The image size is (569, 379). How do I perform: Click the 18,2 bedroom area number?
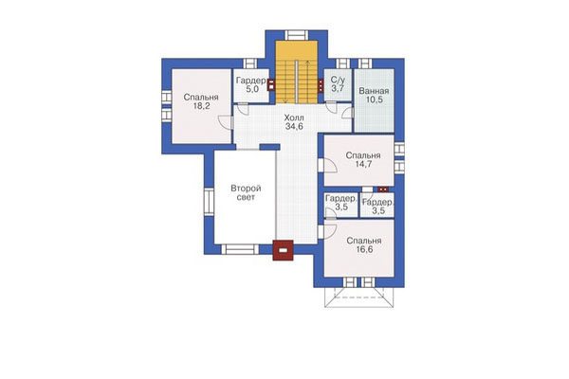pos(201,106)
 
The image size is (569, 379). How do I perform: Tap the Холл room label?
pos(294,117)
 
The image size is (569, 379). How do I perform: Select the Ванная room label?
pos(374,91)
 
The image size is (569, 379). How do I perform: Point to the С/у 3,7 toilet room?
pos(338,85)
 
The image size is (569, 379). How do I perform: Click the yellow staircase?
pos(297,72)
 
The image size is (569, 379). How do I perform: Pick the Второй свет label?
pos(246,193)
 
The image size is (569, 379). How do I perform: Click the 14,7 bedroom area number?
pos(363,164)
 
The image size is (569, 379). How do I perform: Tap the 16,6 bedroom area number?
pos(364,250)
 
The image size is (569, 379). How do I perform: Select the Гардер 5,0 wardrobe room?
pos(250,85)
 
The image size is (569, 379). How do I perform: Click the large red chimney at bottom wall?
pos(283,250)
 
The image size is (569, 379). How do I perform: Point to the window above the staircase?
pos(296,35)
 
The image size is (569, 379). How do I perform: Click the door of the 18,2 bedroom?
pos(226,122)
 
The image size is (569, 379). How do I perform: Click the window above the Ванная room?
pos(365,63)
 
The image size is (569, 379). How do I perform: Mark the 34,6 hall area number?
pos(294,127)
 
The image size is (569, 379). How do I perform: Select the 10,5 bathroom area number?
pos(375,99)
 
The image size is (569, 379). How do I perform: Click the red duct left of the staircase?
pos(271,84)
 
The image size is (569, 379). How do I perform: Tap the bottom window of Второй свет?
pos(240,249)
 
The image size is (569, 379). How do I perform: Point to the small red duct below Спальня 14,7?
pos(383,189)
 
